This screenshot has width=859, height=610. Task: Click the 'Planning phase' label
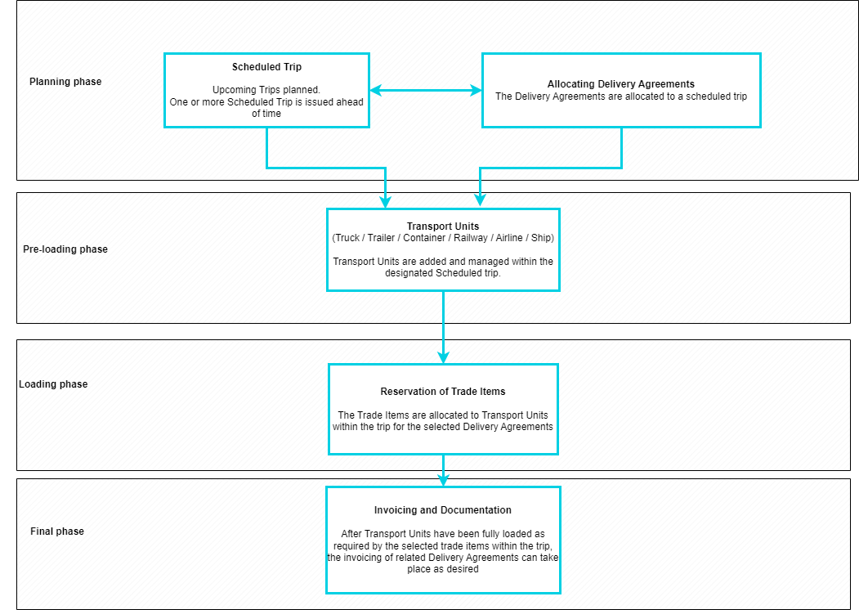point(65,82)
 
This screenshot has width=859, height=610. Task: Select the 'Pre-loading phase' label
point(65,249)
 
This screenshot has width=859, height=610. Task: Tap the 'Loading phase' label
point(53,384)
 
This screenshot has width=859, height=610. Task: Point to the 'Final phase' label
point(57,532)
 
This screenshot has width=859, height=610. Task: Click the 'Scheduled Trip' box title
point(266,67)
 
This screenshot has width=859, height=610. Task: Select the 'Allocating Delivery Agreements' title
point(621,84)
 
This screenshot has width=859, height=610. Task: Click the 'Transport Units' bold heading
point(443,227)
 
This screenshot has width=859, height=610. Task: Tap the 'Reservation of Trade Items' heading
point(443,392)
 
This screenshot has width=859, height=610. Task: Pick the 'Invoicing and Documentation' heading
point(443,510)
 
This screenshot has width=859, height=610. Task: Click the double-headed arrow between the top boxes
point(426,91)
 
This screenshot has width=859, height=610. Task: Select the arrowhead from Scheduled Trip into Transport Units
point(385,201)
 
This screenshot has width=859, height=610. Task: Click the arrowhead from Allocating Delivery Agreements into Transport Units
point(480,201)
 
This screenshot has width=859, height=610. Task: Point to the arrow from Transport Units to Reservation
point(443,327)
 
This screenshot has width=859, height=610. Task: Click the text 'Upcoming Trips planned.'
point(266,90)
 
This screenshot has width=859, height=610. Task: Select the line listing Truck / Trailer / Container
point(443,238)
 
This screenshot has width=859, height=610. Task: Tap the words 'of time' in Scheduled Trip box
point(266,114)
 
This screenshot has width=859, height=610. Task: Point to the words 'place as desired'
point(443,569)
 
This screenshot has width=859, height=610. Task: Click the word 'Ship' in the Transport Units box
point(541,238)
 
